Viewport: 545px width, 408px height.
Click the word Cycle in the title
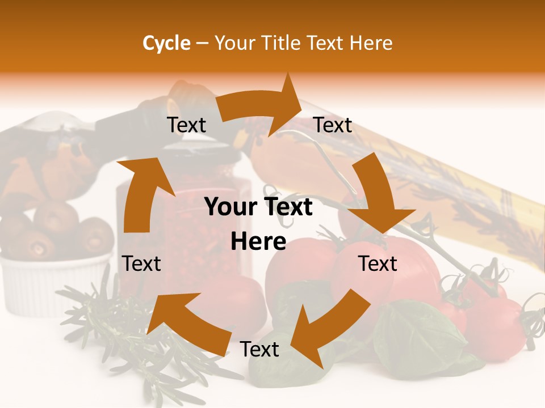(x=166, y=43)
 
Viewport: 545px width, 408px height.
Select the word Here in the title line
(x=372, y=43)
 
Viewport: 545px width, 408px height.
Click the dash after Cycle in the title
(x=202, y=43)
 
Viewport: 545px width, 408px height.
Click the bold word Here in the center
(x=258, y=242)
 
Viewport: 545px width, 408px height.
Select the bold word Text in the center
(x=287, y=207)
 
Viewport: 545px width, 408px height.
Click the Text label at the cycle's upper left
(x=186, y=125)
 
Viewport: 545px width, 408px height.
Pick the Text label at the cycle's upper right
(x=333, y=125)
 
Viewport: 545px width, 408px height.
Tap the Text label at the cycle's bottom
(x=259, y=350)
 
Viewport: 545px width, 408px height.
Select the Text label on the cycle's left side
(x=141, y=263)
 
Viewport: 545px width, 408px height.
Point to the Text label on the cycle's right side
(x=377, y=263)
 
